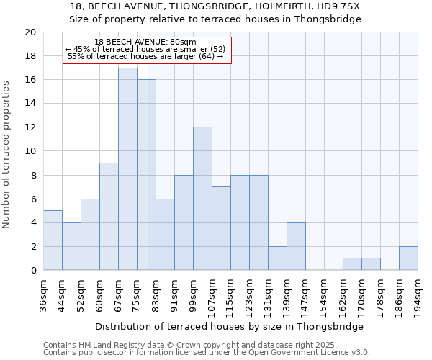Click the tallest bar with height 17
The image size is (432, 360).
[x=127, y=169]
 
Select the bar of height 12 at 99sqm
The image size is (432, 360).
[x=202, y=199]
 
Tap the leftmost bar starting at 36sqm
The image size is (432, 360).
[x=53, y=240]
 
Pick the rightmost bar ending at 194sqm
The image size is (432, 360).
[x=408, y=258]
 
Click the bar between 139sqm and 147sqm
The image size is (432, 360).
[x=296, y=246]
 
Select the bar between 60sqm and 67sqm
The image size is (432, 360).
[x=109, y=217]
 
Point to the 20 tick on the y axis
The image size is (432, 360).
[x=30, y=32]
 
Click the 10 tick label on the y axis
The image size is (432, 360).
[x=30, y=151]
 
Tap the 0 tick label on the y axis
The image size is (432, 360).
[x=32, y=271]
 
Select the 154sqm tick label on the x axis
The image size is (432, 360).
[x=324, y=296]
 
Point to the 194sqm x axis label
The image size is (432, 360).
[x=418, y=296]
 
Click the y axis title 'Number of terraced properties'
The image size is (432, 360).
[x=6, y=155]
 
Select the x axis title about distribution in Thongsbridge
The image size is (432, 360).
[x=229, y=326]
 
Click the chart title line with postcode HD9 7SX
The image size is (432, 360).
[x=215, y=6]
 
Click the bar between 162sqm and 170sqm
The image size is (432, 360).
[x=352, y=264]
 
